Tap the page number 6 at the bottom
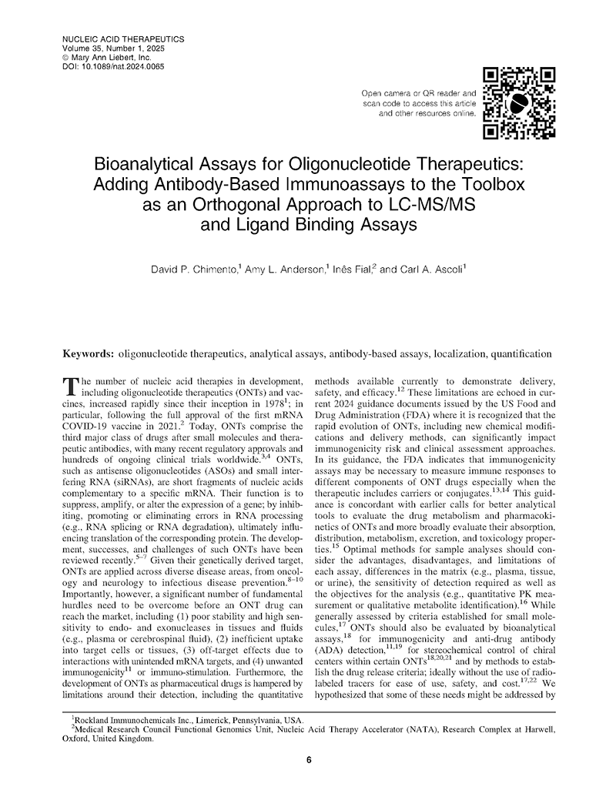(309, 761)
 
